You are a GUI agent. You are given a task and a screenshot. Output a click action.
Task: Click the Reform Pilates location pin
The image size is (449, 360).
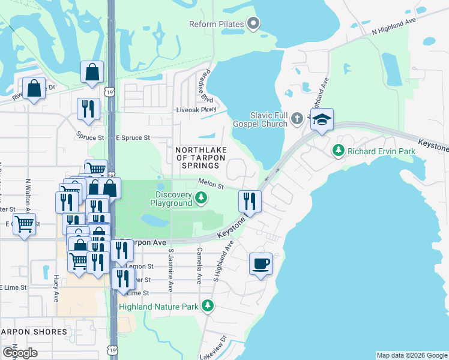click(x=253, y=24)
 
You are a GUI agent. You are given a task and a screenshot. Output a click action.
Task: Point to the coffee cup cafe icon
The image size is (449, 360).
click(x=261, y=264)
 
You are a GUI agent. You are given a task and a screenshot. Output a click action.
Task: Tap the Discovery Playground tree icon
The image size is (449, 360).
click(x=202, y=197)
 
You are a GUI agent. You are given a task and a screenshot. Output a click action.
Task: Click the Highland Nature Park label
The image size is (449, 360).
click(x=158, y=307)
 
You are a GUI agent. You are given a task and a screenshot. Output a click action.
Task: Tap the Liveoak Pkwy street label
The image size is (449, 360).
click(x=194, y=110)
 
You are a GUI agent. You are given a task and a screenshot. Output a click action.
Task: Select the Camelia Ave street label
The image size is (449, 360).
click(x=199, y=265)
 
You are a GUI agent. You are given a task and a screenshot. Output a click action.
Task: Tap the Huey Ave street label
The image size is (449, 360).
click(x=56, y=289)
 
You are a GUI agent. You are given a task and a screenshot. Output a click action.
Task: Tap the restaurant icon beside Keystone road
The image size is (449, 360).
click(x=250, y=201)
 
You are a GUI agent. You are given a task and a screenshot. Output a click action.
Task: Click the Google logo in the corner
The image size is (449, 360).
click(x=20, y=353)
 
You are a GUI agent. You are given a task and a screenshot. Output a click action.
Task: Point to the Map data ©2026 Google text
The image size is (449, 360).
click(x=412, y=355)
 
